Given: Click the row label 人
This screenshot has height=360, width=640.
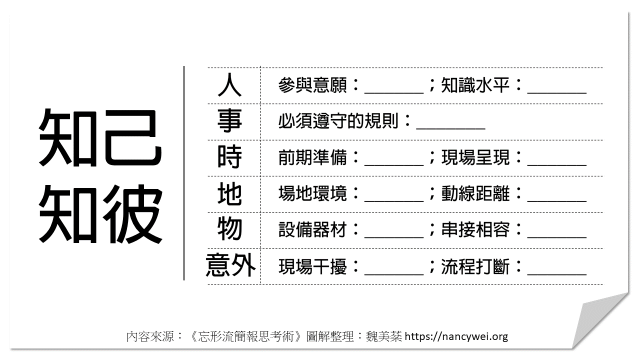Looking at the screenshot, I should coord(229,85).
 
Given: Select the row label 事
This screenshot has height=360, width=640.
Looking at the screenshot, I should coord(229,121).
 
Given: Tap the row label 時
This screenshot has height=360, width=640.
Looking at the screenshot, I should coord(229,157).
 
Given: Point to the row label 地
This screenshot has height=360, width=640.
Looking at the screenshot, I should coord(229,194).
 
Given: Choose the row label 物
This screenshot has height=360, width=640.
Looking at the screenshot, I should coord(229,230).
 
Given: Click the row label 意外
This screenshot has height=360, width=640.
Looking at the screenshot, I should coord(230,266).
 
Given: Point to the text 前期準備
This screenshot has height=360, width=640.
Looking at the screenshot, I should coord(312,158).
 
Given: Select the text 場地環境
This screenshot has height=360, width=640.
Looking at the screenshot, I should coord(312,194).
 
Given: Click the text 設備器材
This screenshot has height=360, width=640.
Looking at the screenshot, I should coord(312,230).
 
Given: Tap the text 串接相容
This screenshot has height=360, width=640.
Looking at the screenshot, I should coord(475,230).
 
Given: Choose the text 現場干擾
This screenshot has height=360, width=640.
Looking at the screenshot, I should coord(312,266).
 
